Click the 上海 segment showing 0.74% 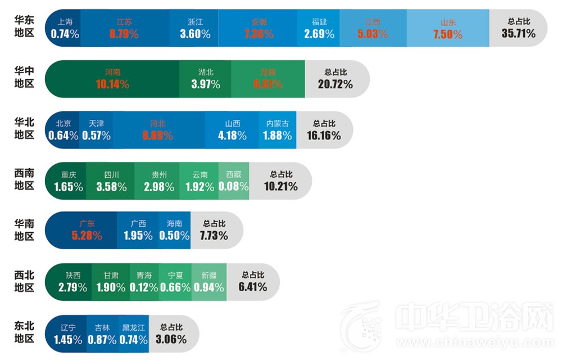click(65, 28)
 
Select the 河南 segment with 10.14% click(112, 79)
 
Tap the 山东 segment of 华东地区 click(448, 28)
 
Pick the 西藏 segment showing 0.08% click(233, 181)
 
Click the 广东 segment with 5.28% click(87, 230)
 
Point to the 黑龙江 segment click(134, 334)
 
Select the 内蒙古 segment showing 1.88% click(278, 130)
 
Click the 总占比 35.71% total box click(518, 28)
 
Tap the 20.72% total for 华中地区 click(336, 79)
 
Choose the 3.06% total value click(171, 334)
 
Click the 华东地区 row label click(24, 27)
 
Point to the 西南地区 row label click(24, 180)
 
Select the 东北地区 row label click(24, 333)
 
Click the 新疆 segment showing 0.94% click(209, 282)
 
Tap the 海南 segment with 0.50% click(174, 230)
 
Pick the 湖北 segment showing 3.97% click(206, 79)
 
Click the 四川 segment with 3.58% click(111, 181)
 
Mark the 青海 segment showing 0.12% click(144, 282)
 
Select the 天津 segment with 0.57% click(96, 130)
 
